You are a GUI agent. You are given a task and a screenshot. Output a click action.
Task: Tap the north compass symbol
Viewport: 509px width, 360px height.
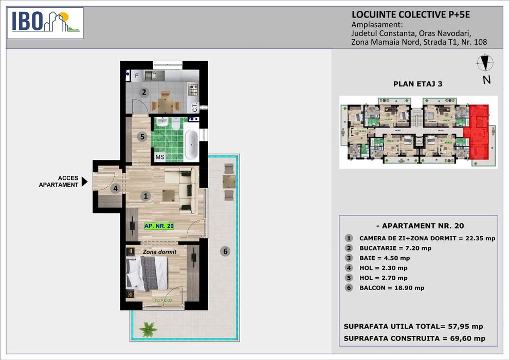[485, 64]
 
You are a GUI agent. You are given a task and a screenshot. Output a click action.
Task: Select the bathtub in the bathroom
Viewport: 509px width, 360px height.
[191, 146]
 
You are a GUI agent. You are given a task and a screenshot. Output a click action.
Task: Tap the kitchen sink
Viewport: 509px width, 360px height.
[152, 76]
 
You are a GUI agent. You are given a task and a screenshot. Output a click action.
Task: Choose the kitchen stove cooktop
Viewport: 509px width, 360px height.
[194, 89]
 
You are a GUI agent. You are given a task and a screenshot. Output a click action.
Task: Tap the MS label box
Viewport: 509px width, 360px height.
[160, 157]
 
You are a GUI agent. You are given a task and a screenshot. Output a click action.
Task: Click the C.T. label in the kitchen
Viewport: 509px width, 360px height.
[195, 107]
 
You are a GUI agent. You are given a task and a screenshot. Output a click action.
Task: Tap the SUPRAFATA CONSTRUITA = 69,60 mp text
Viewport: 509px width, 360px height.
[414, 338]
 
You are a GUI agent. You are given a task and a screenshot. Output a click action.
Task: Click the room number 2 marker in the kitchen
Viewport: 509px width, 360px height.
[144, 93]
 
